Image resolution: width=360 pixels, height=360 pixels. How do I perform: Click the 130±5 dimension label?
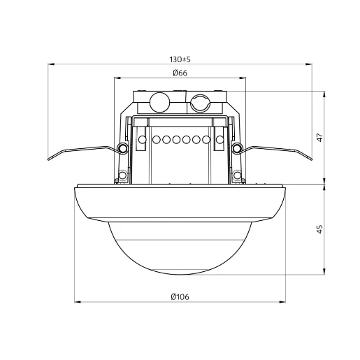click(180, 59)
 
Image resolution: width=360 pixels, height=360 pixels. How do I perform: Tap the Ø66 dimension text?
click(180, 73)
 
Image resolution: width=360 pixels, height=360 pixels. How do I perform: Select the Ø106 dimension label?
click(180, 297)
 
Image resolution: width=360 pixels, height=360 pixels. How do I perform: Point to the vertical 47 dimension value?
click(320, 137)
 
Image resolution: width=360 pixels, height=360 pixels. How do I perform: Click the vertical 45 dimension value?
click(320, 229)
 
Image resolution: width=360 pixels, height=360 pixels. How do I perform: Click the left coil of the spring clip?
click(122, 147)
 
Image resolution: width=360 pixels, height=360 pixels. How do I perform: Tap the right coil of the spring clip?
click(237, 147)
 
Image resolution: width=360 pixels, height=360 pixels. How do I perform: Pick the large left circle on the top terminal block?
click(159, 102)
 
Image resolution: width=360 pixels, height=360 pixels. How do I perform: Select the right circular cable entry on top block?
click(201, 103)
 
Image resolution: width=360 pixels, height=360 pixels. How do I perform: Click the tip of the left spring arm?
click(49, 159)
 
